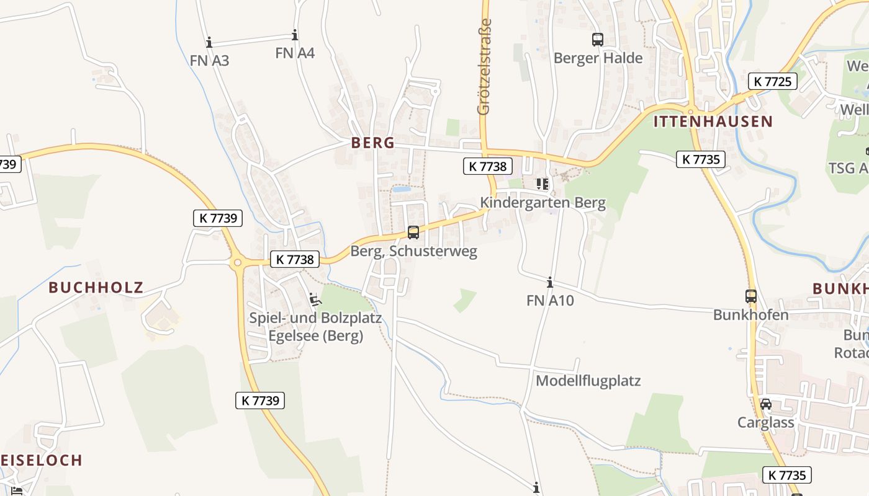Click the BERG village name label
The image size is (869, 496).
[x=372, y=143]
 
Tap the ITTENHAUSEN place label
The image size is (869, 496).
[x=713, y=122]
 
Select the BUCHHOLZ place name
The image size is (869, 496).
[x=96, y=288]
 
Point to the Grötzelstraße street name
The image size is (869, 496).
[x=484, y=67]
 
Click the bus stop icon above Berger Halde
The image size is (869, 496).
[x=598, y=40]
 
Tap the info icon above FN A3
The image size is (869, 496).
[x=209, y=42]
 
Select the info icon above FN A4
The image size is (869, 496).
[x=295, y=35]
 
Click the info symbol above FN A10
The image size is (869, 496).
[x=550, y=283]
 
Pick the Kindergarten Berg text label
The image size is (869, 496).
[x=543, y=203]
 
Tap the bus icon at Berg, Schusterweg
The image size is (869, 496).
[x=413, y=232]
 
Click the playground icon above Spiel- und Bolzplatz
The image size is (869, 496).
[x=315, y=299]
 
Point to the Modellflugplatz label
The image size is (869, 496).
[x=588, y=381]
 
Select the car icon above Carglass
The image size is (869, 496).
[x=766, y=404]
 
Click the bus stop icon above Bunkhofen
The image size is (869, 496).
[x=751, y=296]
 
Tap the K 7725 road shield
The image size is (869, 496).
[x=772, y=81]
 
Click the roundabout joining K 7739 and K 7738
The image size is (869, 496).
[x=237, y=263]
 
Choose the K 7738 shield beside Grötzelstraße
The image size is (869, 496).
[x=488, y=166]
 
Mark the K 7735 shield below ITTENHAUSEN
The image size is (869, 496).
[x=701, y=159]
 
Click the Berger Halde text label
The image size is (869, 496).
[x=598, y=58]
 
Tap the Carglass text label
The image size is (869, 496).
[x=766, y=423]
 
